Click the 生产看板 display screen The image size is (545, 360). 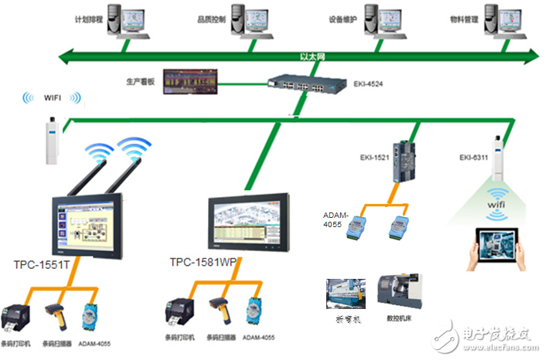tap(191, 81)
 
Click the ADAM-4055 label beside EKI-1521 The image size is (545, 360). tap(339, 218)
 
